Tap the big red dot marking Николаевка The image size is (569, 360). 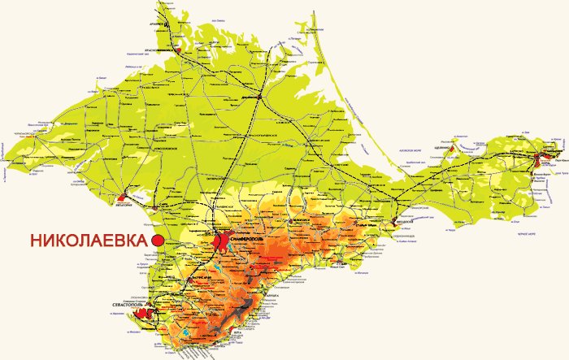pyautogui.click(x=159, y=241)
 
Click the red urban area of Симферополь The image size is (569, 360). pyautogui.click(x=222, y=240)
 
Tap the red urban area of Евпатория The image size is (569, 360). pyautogui.click(x=124, y=197)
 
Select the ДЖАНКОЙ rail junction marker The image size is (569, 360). pyautogui.click(x=258, y=97)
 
